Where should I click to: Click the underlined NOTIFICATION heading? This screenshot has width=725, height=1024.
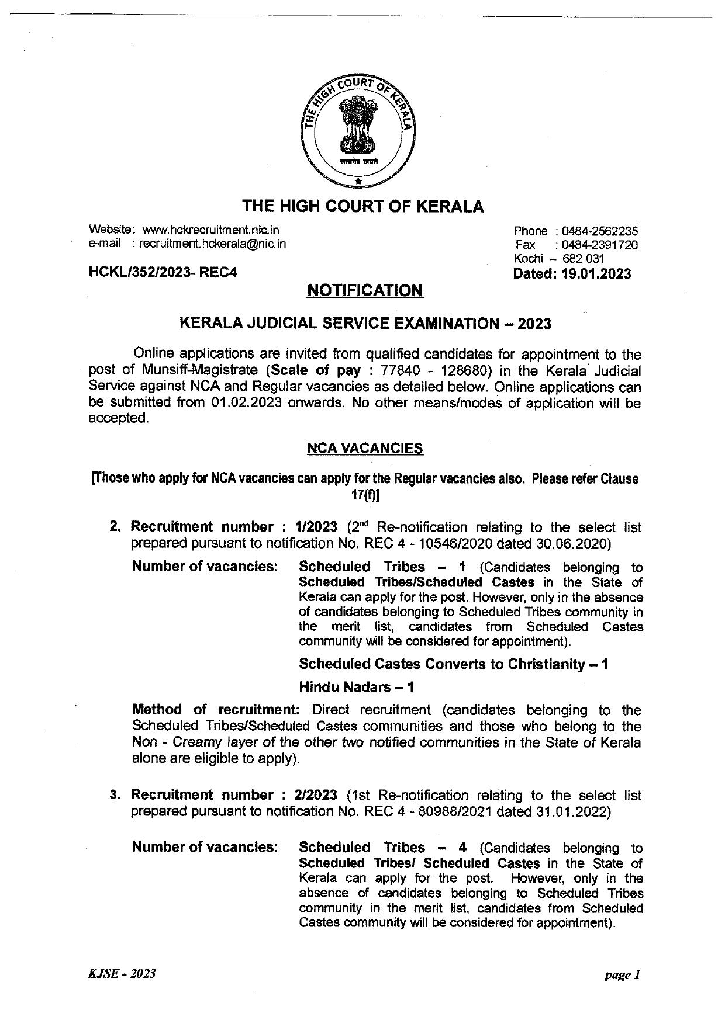(365, 290)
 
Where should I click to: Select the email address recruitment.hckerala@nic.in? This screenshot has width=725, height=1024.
(213, 244)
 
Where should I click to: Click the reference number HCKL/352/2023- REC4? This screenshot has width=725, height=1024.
(163, 272)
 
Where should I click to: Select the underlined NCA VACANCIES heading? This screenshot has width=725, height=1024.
(365, 449)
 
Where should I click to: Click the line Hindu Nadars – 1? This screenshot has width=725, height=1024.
(357, 687)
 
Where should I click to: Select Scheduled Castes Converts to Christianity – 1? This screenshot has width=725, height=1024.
(453, 664)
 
